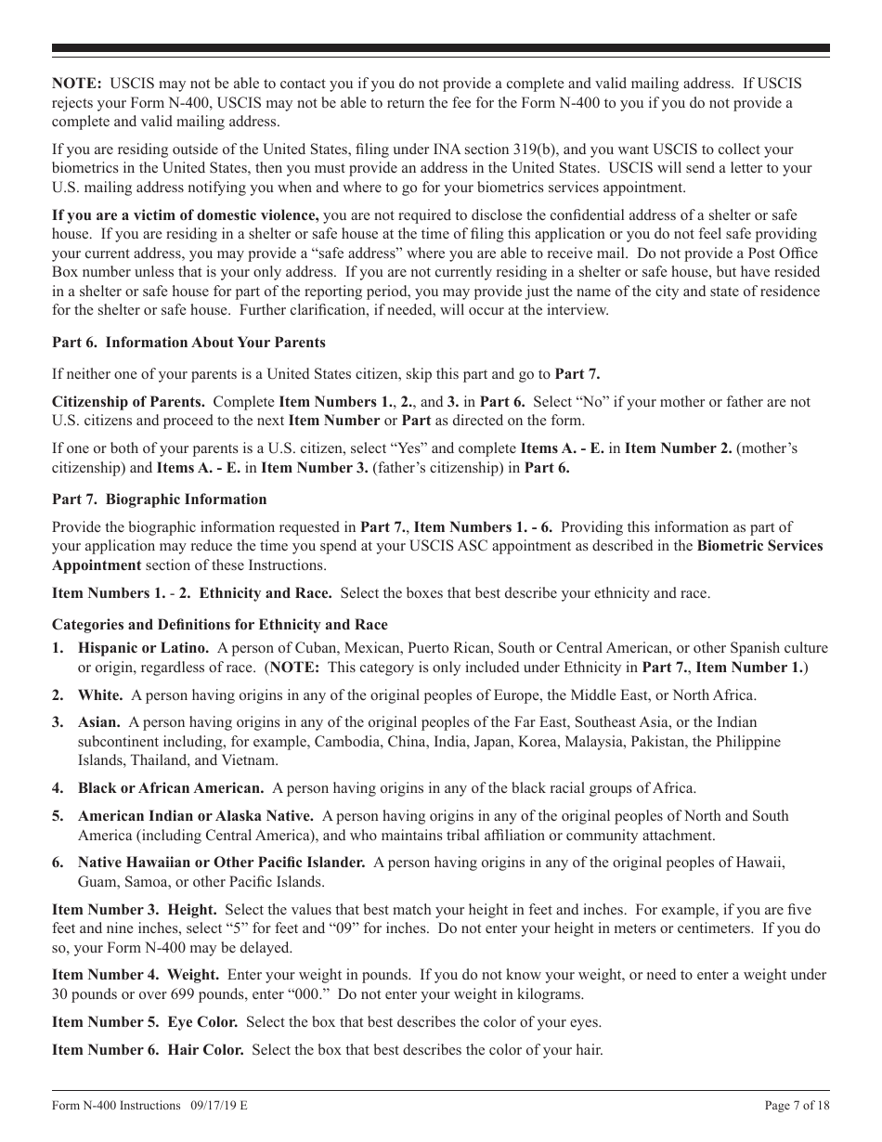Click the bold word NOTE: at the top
[x=77, y=84]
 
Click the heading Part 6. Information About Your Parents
[x=188, y=343]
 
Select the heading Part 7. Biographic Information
[x=159, y=500]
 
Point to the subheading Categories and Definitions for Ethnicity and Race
[x=220, y=625]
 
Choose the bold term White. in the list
[x=100, y=694]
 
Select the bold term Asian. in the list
[x=98, y=722]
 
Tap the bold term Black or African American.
[x=171, y=788]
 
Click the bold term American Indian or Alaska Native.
[x=195, y=816]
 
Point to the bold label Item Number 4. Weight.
[x=136, y=975]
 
